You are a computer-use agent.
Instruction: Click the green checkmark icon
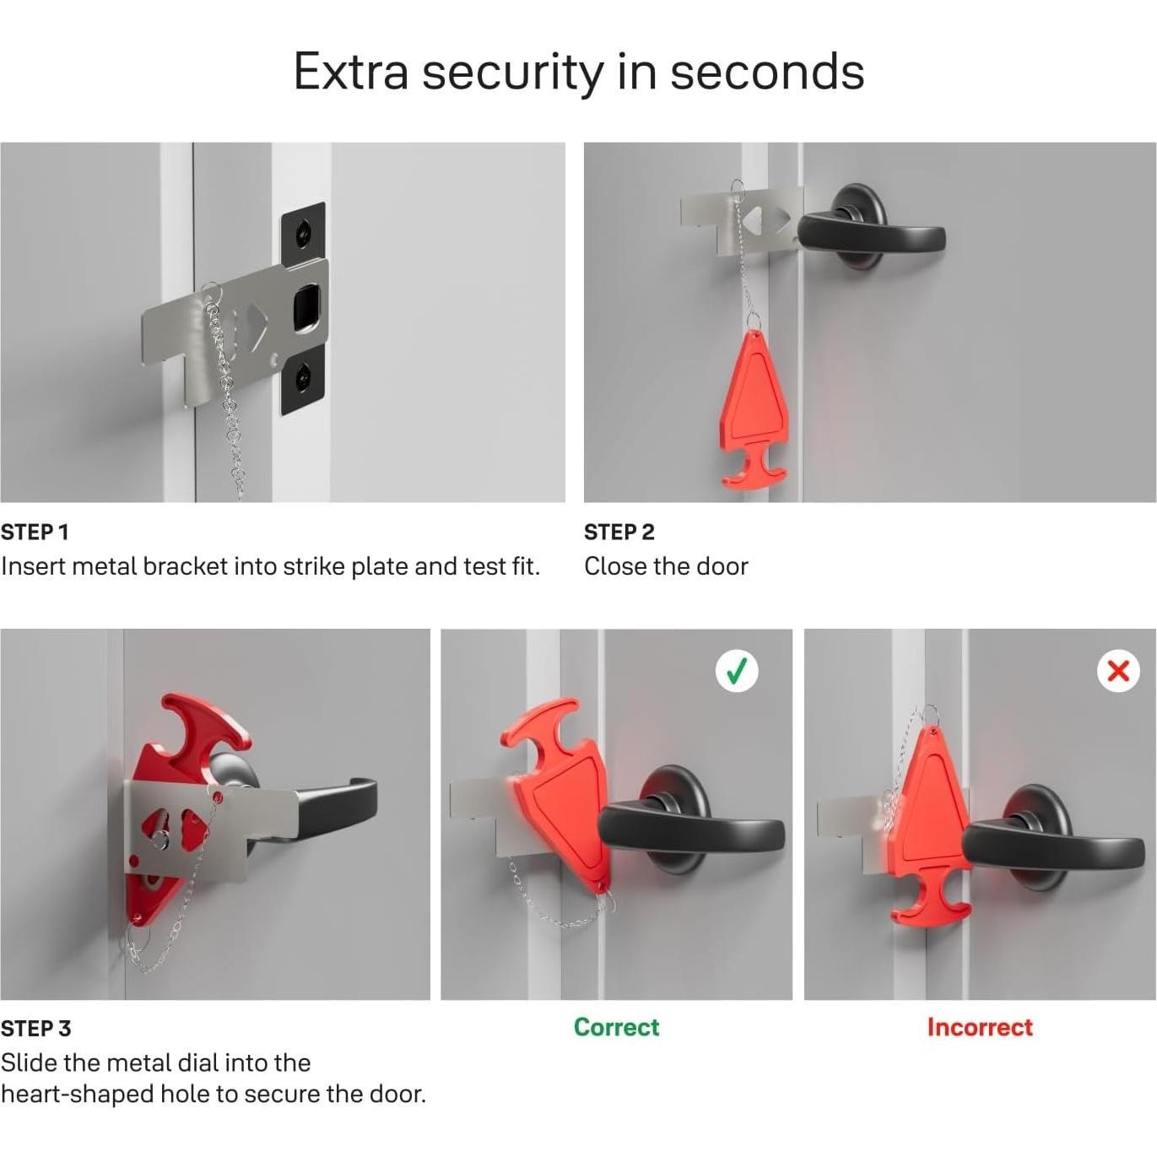[x=737, y=671]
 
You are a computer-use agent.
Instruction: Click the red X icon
[x=1118, y=671]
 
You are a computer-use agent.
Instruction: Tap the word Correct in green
[x=616, y=1027]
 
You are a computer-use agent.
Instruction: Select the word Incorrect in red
[x=979, y=1027]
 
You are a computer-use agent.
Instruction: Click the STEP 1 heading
[x=35, y=532]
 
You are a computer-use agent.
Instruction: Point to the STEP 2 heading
[x=619, y=532]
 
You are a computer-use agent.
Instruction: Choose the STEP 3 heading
[x=35, y=1028]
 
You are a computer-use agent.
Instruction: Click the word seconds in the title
[x=766, y=72]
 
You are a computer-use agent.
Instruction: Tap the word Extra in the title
[x=350, y=72]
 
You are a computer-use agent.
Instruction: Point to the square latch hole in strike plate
[x=305, y=307]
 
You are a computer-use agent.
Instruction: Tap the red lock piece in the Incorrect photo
[x=928, y=810]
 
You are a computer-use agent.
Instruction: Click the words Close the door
[x=666, y=566]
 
